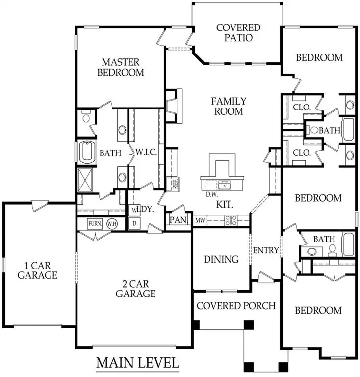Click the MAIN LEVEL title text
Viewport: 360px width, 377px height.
(x=137, y=363)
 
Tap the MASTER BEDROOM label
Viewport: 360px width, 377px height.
(x=121, y=67)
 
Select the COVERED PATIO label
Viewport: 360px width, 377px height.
(x=238, y=33)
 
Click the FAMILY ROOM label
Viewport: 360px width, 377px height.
(x=229, y=106)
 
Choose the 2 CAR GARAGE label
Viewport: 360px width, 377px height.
(x=136, y=289)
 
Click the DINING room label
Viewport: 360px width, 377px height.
(x=221, y=259)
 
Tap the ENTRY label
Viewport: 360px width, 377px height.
(x=265, y=250)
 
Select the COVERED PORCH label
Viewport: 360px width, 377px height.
(x=236, y=305)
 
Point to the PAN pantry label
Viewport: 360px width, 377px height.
(x=178, y=220)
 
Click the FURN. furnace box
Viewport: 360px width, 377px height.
(x=95, y=223)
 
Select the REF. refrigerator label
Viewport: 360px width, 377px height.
(x=174, y=184)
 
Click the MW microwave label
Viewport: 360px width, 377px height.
(x=200, y=220)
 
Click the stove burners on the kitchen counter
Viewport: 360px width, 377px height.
(x=231, y=220)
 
